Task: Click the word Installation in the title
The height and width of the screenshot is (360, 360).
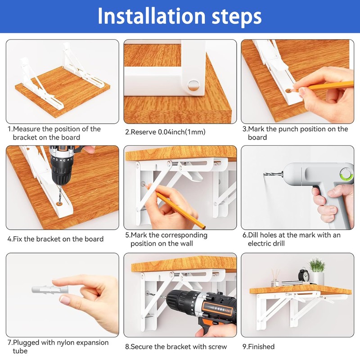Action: (151, 16)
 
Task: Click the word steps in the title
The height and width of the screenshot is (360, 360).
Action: (237, 17)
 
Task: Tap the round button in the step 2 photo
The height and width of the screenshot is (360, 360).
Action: (193, 85)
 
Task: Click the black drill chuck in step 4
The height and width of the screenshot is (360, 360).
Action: (61, 173)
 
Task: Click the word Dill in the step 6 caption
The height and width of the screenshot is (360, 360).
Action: (253, 235)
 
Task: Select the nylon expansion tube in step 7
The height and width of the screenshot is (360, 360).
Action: (50, 290)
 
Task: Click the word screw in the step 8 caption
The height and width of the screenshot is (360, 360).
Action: (218, 346)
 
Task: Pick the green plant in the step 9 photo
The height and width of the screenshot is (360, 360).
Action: (317, 265)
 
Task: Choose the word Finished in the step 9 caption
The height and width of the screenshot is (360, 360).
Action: (261, 346)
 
